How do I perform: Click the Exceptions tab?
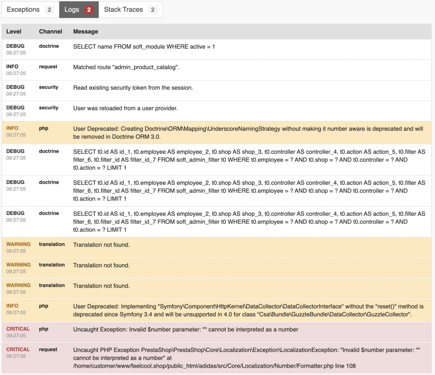tap(23, 10)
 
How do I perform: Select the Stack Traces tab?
tap(123, 10)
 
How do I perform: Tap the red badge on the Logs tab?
tap(89, 10)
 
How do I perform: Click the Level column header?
tap(14, 32)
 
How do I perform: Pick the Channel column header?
tap(50, 32)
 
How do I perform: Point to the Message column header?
tap(85, 32)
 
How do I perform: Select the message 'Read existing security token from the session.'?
tap(133, 88)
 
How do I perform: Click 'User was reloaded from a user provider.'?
tap(125, 108)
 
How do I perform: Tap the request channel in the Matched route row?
tap(48, 67)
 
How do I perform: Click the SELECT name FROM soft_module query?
tap(144, 46)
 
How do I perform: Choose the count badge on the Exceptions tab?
tap(49, 10)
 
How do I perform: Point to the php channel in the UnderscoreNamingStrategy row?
tap(43, 128)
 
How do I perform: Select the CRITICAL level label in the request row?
tap(18, 349)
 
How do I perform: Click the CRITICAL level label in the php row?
tap(18, 329)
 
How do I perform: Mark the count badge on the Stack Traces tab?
tap(152, 10)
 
